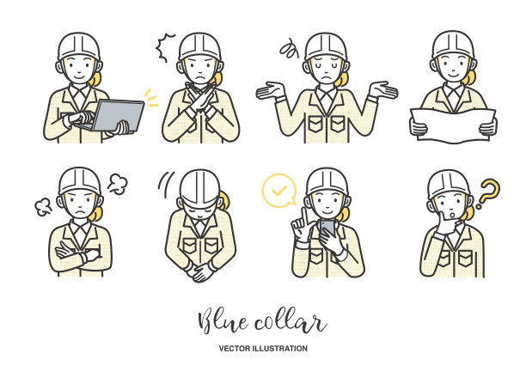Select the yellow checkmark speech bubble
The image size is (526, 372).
click(x=279, y=191)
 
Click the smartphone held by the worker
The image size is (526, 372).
click(x=327, y=228)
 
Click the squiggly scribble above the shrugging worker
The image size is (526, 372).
click(x=289, y=49)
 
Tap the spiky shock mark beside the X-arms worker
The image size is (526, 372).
click(x=163, y=48)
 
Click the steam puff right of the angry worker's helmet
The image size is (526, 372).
click(x=118, y=184)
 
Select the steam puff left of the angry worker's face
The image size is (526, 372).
click(x=44, y=206)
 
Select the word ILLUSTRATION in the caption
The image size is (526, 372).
click(x=280, y=349)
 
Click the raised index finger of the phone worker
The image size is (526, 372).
click(x=304, y=216)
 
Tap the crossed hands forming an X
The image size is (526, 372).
click(x=200, y=98)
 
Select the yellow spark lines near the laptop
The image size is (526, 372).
click(x=151, y=98)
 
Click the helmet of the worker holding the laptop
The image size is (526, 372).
click(x=79, y=47)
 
